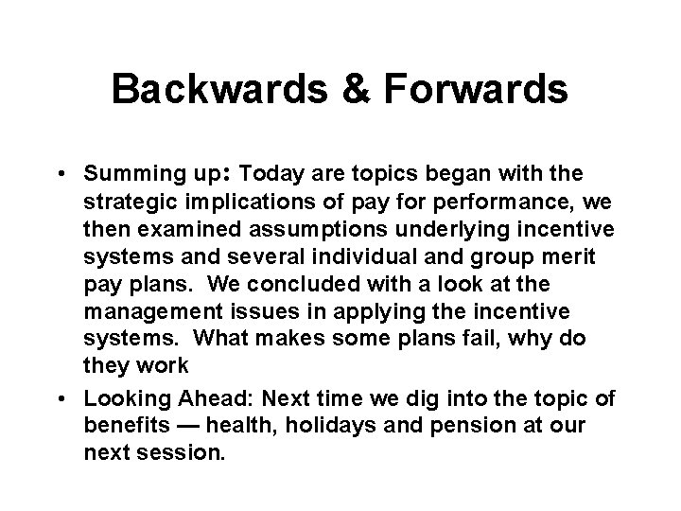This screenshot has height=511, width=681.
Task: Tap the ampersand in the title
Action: (x=363, y=90)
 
